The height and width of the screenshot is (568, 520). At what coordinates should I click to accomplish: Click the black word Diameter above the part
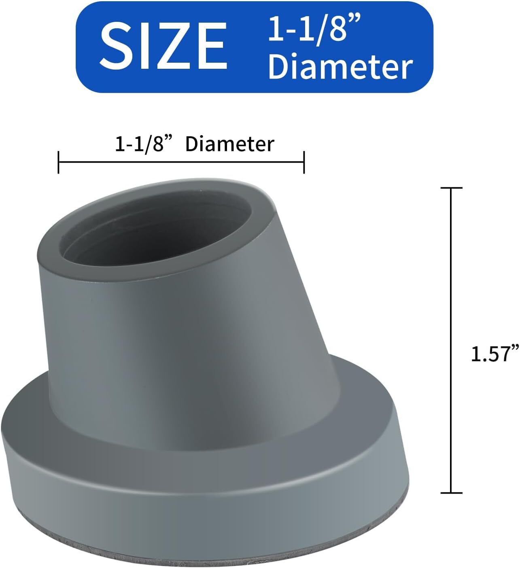point(229,144)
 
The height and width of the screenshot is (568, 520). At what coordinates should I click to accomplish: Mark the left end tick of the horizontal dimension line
point(59,162)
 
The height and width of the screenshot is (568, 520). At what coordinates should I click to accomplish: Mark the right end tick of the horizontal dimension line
point(304,162)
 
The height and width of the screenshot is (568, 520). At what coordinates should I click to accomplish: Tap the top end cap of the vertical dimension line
point(451,188)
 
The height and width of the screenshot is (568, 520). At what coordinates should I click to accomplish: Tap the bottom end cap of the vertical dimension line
point(451,493)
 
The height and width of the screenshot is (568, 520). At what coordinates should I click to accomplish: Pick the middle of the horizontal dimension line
point(181,162)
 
